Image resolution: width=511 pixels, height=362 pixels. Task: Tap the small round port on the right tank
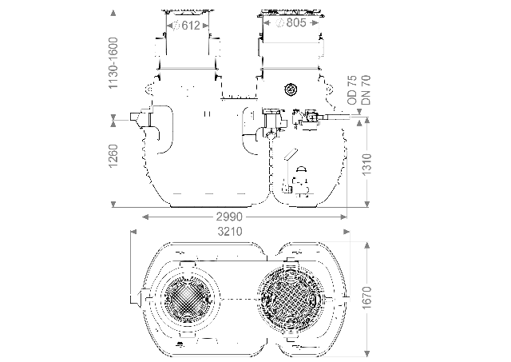point(289,92)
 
